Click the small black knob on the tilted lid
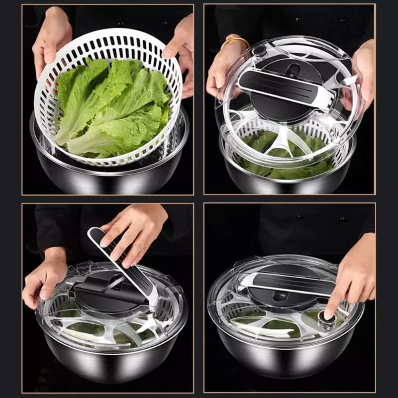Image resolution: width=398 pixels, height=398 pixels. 259,50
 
